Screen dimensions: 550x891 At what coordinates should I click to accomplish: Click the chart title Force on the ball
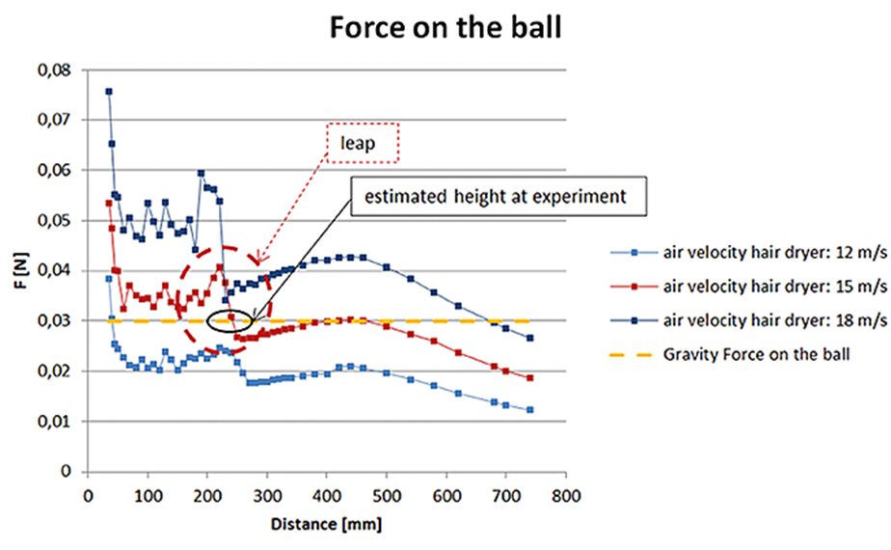coord(445,26)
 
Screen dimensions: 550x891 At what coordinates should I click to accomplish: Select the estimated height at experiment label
coord(493,196)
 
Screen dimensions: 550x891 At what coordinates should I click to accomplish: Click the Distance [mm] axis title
coord(326,526)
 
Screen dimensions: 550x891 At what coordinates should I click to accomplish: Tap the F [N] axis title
coord(17,272)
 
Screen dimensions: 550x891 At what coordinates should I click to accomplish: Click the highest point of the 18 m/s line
coord(109,92)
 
